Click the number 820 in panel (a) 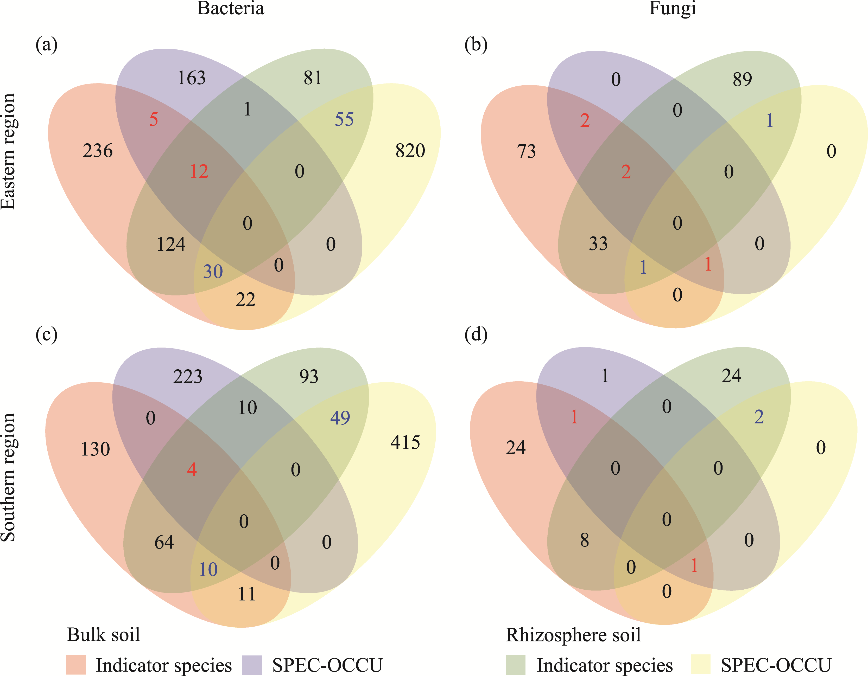[x=410, y=151]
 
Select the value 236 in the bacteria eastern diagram [x=98, y=151]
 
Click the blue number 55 [x=344, y=120]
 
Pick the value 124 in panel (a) [x=171, y=244]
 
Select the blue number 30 [x=213, y=272]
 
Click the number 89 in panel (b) [x=742, y=79]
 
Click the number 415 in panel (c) [x=405, y=442]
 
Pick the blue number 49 [x=340, y=418]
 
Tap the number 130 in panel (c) [x=95, y=449]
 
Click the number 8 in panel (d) [x=584, y=540]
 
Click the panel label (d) [x=476, y=334]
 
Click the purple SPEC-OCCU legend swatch [x=252, y=665]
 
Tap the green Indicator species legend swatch [x=516, y=665]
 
